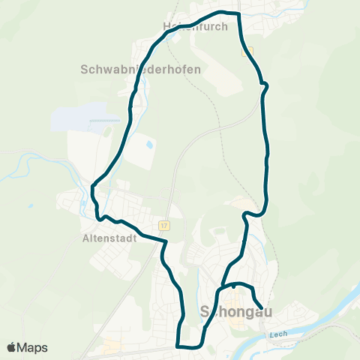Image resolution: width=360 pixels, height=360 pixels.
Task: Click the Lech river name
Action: (277, 334)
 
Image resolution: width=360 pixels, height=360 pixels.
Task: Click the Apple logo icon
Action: (11, 347)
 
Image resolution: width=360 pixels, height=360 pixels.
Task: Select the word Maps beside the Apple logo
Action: (33, 347)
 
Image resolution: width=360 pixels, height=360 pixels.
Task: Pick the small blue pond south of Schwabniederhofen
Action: (149, 143)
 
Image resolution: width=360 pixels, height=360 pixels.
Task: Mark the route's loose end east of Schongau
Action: (261, 305)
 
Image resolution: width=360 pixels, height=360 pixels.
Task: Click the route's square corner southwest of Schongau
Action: (178, 346)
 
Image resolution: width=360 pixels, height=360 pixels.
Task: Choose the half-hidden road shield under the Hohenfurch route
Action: (248, 52)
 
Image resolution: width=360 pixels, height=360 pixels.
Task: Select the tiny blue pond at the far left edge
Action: (29, 205)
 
